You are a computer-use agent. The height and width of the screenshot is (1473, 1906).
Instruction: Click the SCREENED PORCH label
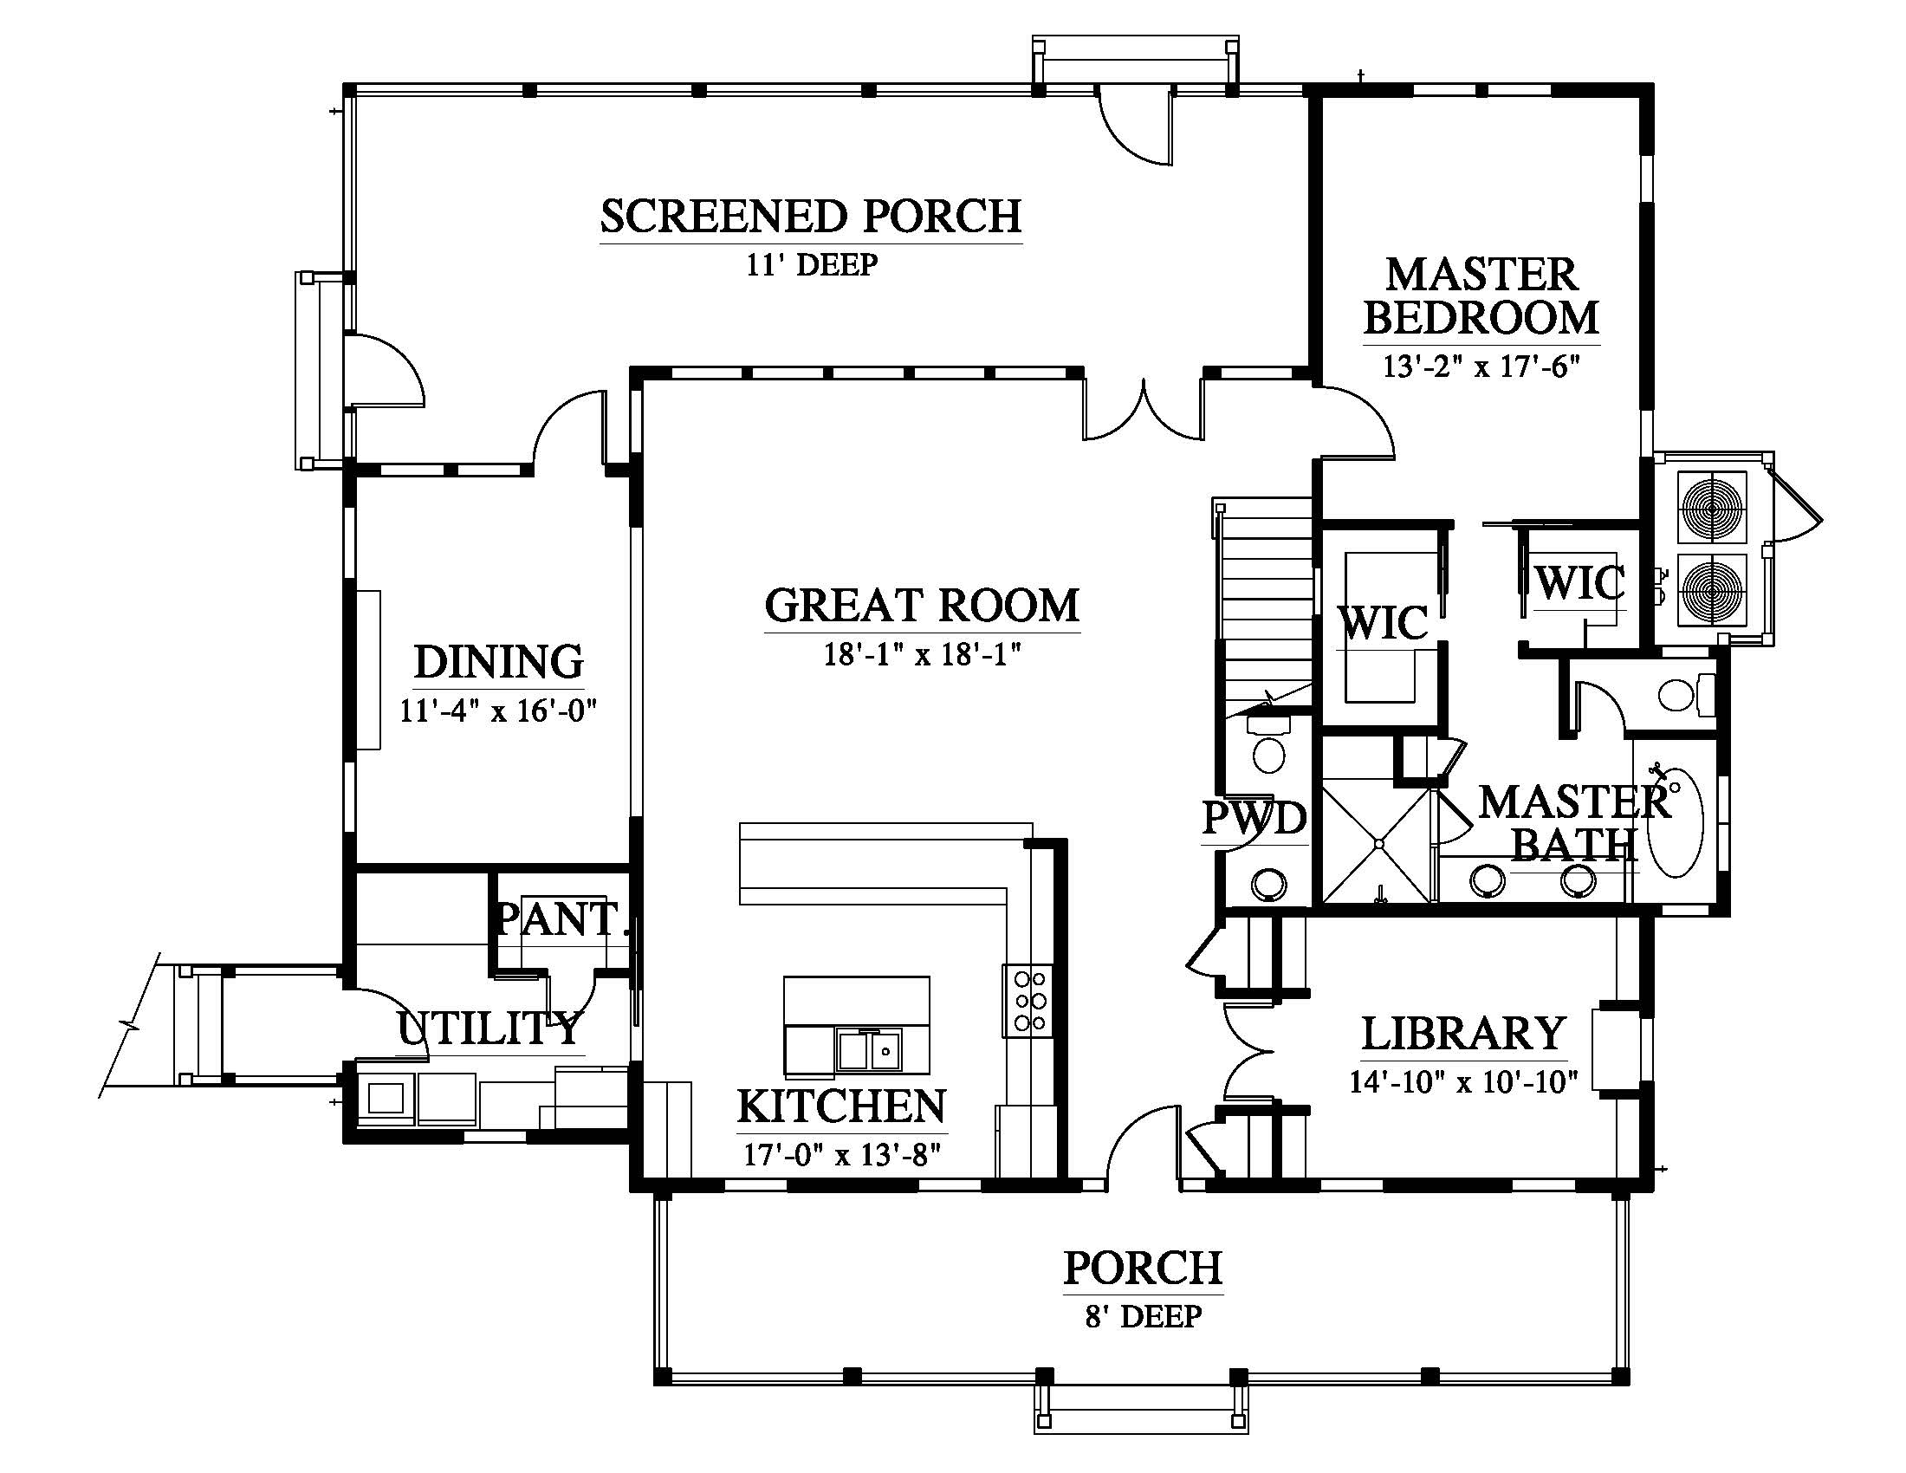point(811,217)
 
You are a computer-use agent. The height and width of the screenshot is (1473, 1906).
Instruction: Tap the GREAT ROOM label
point(922,606)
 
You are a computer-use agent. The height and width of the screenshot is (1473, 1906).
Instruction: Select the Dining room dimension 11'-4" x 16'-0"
point(497,711)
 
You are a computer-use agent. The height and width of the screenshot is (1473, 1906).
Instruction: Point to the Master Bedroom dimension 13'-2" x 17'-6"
point(1481,367)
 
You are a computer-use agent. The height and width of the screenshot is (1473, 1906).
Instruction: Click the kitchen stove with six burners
point(1029,1001)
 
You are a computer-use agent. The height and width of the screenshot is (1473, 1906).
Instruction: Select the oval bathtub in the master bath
point(1676,821)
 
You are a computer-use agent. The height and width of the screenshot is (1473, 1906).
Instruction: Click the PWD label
point(1254,818)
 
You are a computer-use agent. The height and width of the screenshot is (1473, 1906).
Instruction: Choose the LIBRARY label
point(1463,1033)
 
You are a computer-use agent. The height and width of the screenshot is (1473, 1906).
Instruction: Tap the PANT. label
point(562,918)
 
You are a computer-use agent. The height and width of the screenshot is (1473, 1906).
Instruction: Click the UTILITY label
point(489,1028)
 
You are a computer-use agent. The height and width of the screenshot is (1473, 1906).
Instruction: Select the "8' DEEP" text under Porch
point(1144,1316)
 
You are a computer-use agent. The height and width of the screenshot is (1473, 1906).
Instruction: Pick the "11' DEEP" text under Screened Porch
point(811,264)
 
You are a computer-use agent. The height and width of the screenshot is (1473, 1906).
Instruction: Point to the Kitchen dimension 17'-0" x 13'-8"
point(842,1154)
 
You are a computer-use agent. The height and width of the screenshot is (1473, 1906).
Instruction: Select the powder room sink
point(1267,884)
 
